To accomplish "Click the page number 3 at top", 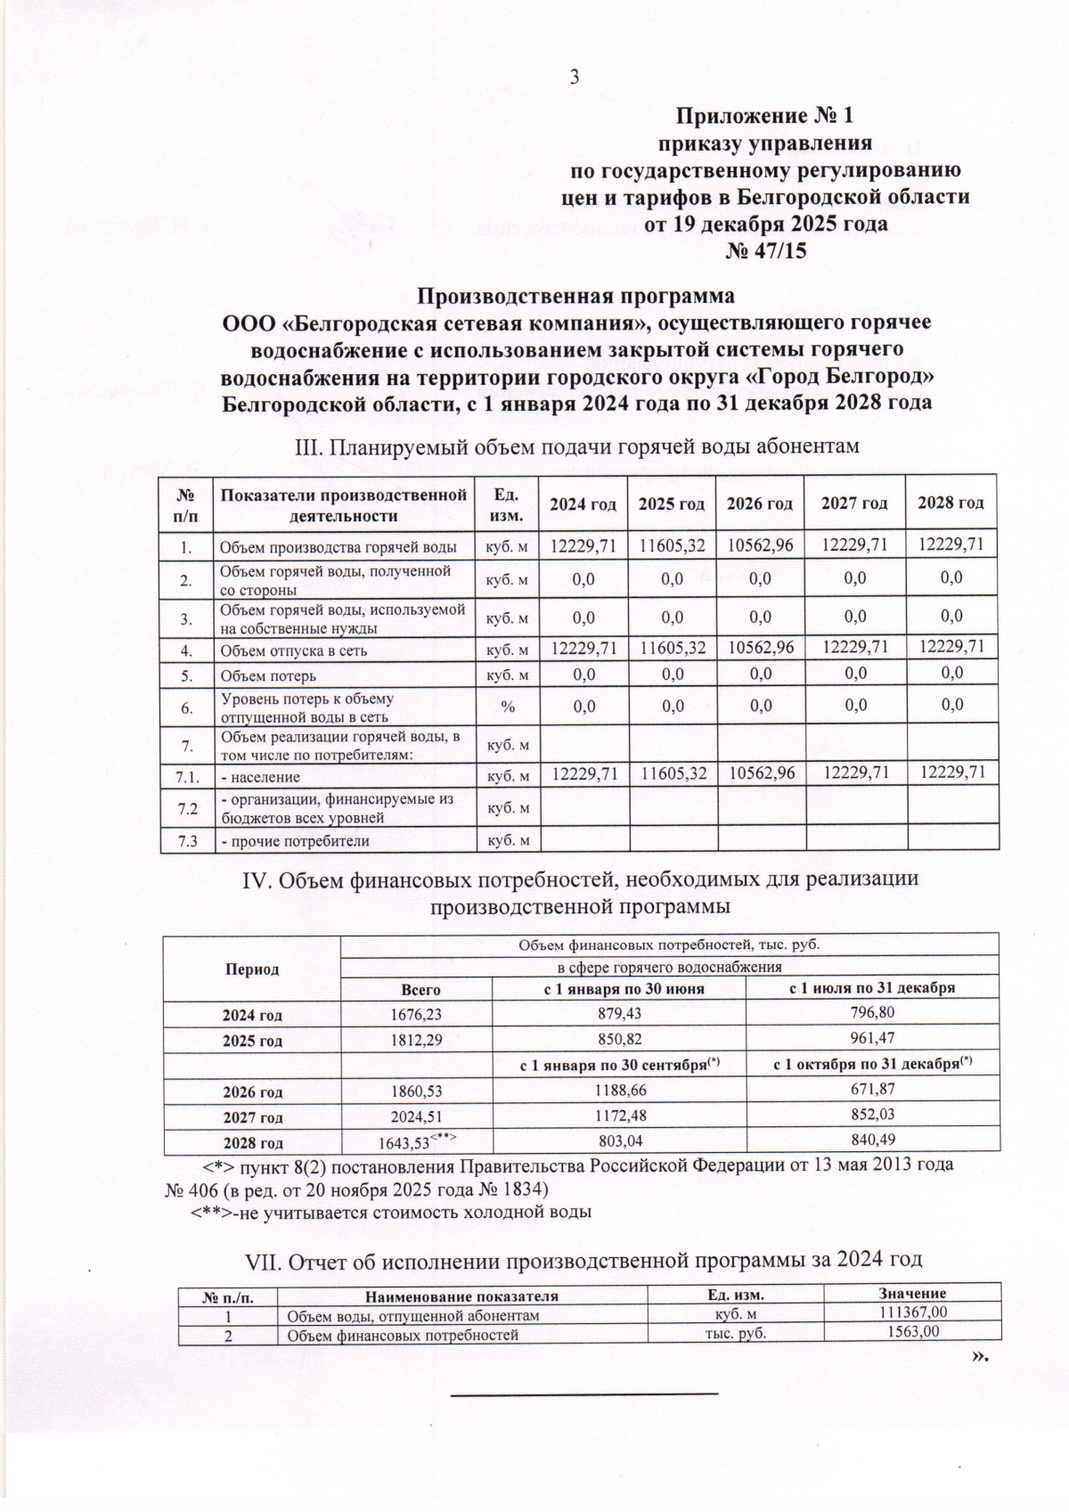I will [x=575, y=78].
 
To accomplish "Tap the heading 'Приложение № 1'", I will [x=765, y=116].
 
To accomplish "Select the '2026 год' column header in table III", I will [x=760, y=503].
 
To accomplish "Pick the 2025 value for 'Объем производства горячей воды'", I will [x=673, y=545].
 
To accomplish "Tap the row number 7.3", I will [x=187, y=841].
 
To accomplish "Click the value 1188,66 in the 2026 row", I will [x=618, y=1091].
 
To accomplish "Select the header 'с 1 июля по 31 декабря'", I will [x=872, y=989].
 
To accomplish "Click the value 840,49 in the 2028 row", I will [x=872, y=1140].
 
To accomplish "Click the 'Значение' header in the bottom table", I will [x=911, y=1294].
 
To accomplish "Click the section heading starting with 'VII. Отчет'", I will [x=583, y=1260].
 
